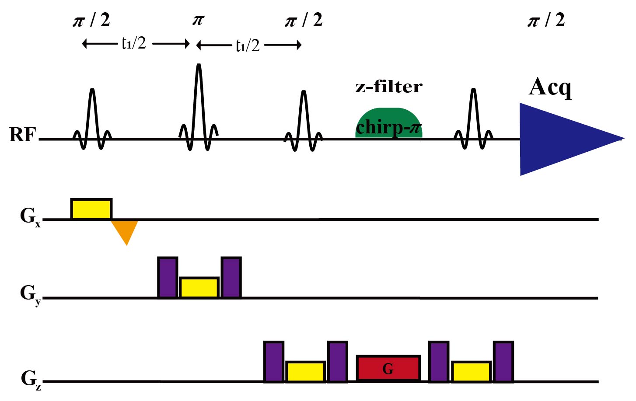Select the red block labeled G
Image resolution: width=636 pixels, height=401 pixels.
coord(388,368)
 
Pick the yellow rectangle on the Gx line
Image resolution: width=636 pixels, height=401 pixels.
coord(91,209)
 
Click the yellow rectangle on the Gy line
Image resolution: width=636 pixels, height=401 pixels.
coord(199,287)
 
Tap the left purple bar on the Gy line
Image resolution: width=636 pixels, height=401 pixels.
coord(168,278)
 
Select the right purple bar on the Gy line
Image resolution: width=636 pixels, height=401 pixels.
coord(231,278)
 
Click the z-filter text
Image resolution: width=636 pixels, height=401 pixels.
coord(389,87)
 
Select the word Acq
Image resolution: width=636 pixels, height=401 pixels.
coord(550,87)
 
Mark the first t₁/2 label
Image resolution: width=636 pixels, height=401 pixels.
coord(134,43)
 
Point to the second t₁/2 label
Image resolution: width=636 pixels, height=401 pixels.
coord(248,45)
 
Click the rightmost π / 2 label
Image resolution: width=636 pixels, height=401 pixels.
coord(546,20)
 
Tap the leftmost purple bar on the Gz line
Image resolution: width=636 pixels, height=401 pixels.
coord(274,362)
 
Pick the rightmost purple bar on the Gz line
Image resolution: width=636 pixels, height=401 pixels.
coord(503,362)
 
